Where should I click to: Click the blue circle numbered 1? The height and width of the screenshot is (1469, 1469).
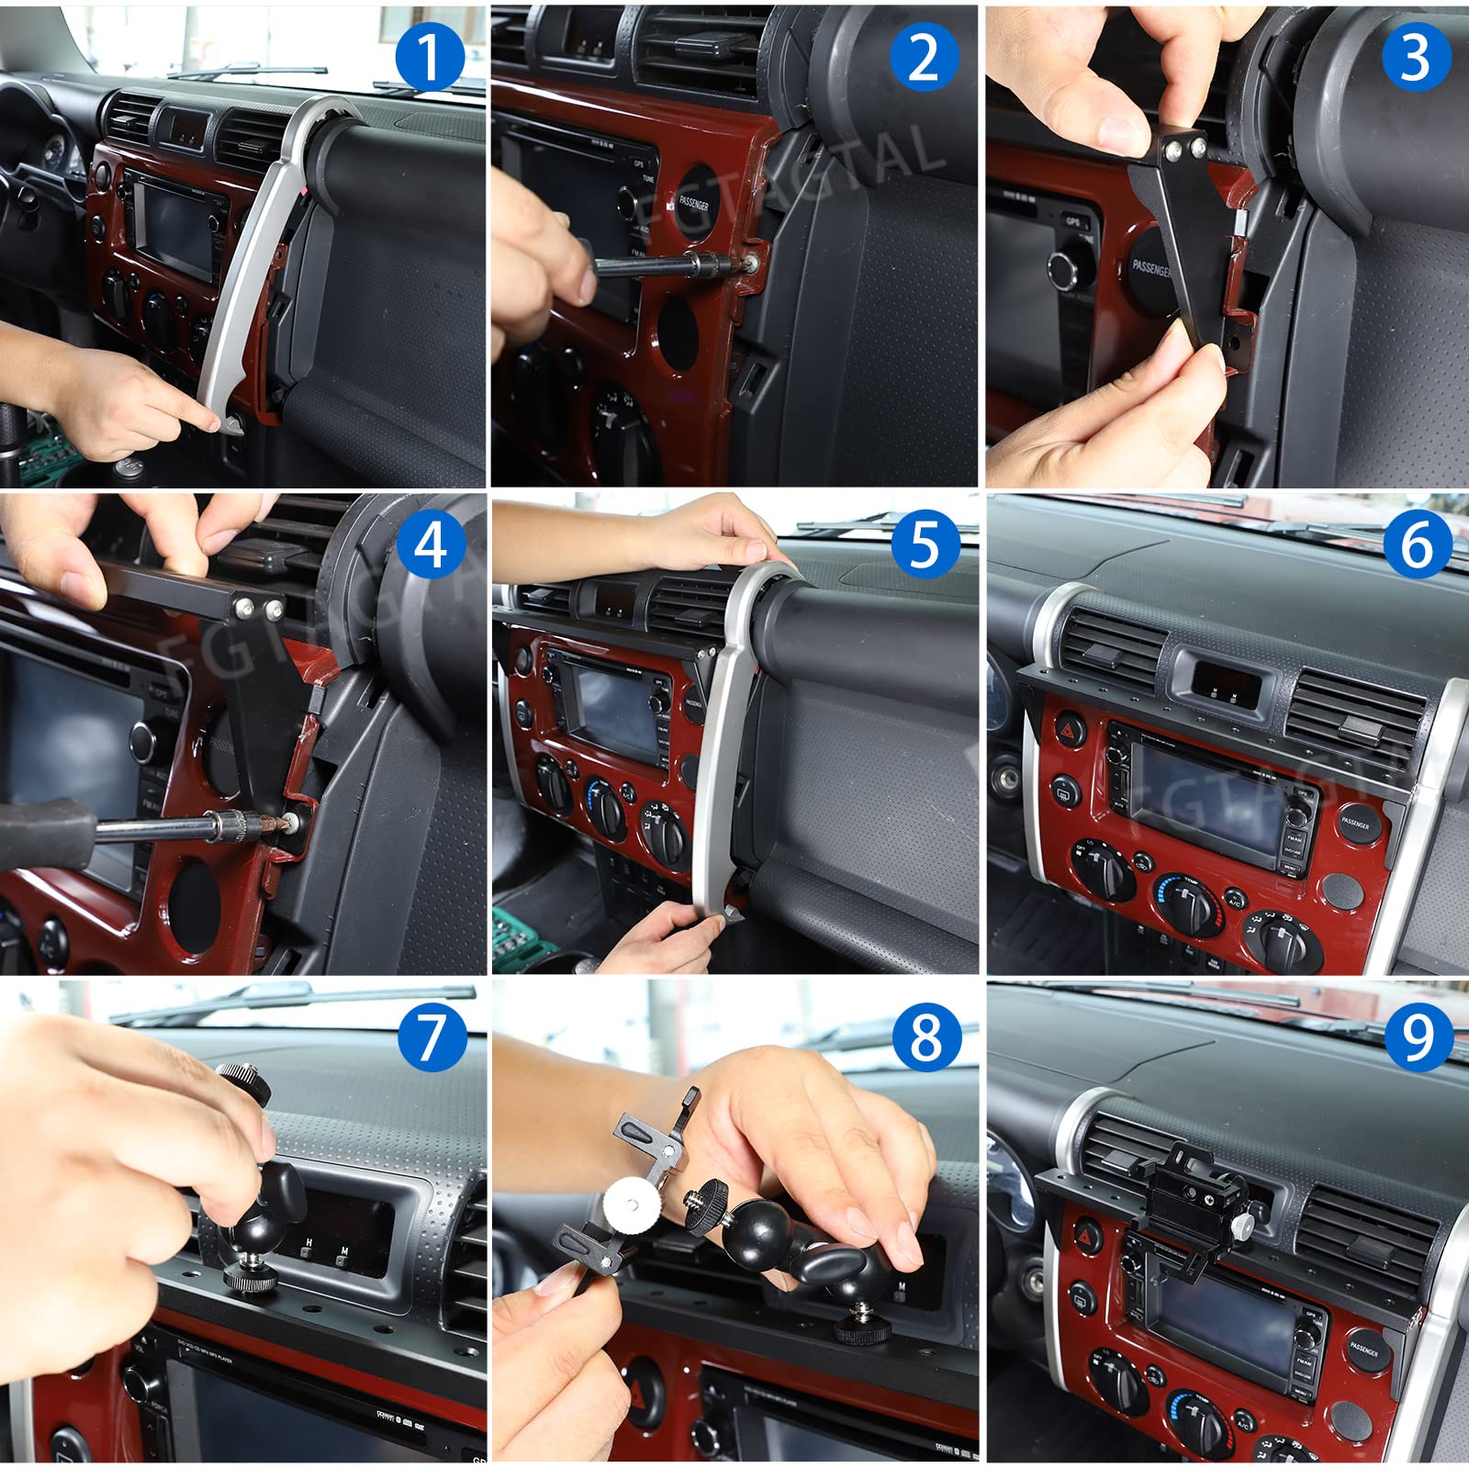[x=430, y=58]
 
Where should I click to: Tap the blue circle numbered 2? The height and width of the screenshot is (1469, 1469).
[x=925, y=58]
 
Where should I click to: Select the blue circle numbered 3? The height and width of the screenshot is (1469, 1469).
[x=1416, y=58]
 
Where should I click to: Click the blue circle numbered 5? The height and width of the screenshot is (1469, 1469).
[x=925, y=545]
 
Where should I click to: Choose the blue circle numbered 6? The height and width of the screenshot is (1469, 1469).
[x=1416, y=545]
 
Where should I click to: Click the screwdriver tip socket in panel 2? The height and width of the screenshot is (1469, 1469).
[x=725, y=266]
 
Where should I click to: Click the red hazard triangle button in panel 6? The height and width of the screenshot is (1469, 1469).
[x=1068, y=731]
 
